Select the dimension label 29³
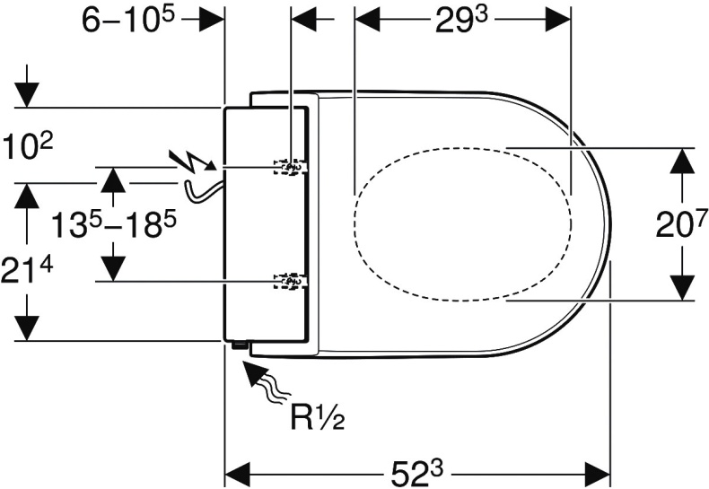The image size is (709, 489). click(462, 19)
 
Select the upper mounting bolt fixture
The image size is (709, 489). click(290, 167)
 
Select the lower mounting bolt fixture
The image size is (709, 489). click(290, 282)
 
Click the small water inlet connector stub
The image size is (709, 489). click(239, 344)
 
